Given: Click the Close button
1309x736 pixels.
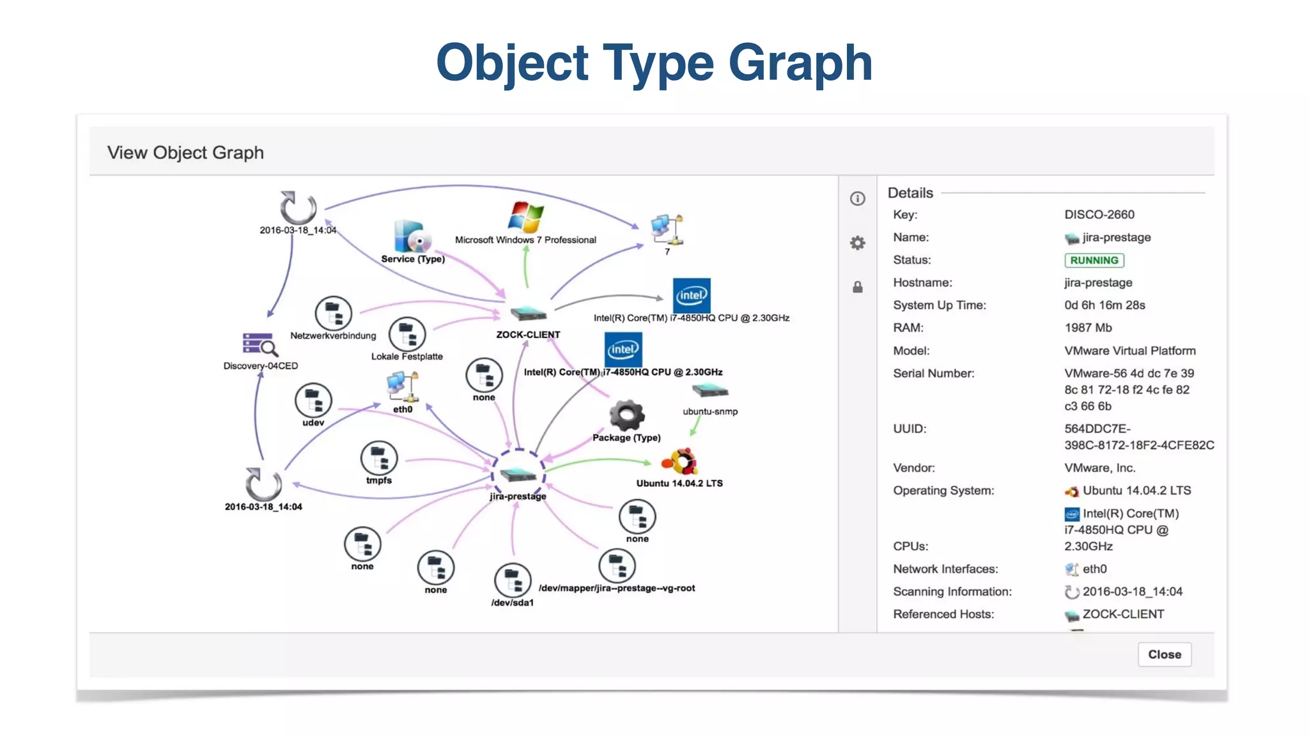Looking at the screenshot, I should click(x=1164, y=654).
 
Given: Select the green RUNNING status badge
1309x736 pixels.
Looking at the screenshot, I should click(x=1094, y=260).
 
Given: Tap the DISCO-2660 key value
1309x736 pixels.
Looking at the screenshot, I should click(x=1099, y=215).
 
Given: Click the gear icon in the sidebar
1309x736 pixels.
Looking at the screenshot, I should click(x=857, y=243).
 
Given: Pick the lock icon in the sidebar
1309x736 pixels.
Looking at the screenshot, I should click(x=857, y=287).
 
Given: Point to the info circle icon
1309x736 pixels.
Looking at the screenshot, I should click(x=857, y=199).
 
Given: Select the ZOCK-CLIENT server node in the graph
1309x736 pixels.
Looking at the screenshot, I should click(x=528, y=314).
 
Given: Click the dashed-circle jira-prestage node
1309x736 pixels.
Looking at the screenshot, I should click(x=518, y=474).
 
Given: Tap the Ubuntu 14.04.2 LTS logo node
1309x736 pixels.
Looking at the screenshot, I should click(x=680, y=461).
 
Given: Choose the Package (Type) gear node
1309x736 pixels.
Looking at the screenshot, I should click(x=626, y=416).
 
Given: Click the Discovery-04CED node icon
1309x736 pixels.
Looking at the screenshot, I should click(x=259, y=345).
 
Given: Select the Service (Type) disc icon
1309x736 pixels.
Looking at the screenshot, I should click(x=412, y=236).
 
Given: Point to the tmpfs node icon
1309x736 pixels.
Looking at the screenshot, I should click(x=379, y=457).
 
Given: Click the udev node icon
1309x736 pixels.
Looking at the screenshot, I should click(x=313, y=400).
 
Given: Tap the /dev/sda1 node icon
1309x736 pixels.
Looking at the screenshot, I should click(x=513, y=580).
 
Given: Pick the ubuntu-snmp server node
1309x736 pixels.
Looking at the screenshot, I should click(x=709, y=390).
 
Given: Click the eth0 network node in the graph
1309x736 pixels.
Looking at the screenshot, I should click(x=402, y=385).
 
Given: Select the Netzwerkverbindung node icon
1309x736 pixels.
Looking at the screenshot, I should click(x=333, y=314).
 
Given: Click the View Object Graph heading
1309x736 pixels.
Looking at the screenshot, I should click(x=185, y=153).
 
